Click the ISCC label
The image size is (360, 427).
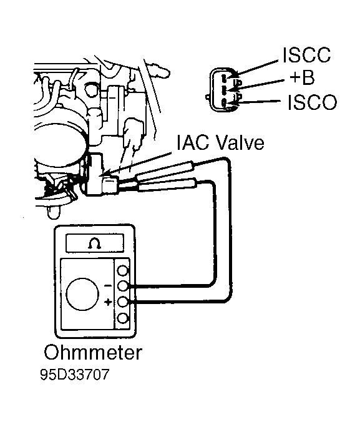pos(307,55)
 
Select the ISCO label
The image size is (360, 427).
pos(313,102)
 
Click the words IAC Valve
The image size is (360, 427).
pos(220,142)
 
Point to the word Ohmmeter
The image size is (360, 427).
pos(93,352)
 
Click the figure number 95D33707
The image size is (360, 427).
pos(74,375)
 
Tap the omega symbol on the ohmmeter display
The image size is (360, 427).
pos(95,243)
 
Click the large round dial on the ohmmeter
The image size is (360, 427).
pos(82,294)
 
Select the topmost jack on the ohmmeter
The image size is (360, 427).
pos(123,271)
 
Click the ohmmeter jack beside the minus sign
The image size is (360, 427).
pos(123,286)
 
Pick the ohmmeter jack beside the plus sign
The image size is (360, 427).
pos(123,302)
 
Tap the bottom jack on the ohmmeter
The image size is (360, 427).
pos(123,318)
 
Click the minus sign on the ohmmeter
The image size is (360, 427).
pos(108,286)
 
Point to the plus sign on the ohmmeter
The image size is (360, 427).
pos(109,302)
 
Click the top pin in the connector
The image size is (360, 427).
pos(223,78)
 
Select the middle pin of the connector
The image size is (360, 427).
pos(223,90)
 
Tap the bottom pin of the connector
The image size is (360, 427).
pos(223,103)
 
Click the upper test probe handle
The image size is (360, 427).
pos(165,169)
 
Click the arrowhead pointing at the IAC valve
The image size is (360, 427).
pos(105,174)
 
